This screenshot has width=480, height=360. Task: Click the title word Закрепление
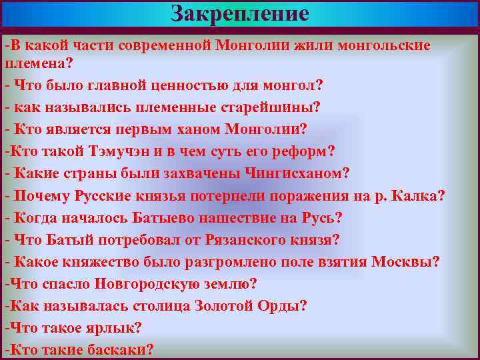[x=240, y=13]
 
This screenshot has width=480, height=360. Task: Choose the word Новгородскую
[x=145, y=283]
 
